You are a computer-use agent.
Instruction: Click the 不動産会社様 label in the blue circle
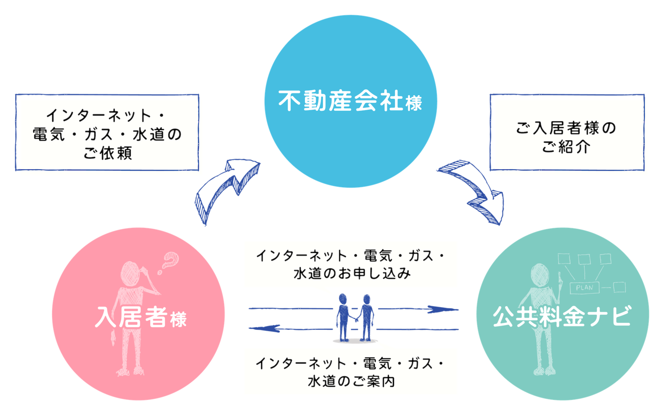pos(350,101)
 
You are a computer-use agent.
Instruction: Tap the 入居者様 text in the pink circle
pos(141,317)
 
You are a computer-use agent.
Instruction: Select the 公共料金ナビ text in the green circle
pos(562,317)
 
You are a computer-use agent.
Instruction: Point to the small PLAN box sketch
pos(585,287)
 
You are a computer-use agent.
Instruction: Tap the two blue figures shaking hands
pos(354,317)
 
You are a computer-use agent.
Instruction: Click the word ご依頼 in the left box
pos(108,153)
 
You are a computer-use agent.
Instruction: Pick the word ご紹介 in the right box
pos(566,147)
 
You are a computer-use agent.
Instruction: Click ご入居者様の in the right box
pos(566,128)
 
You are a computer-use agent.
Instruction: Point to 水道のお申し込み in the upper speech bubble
pos(352,273)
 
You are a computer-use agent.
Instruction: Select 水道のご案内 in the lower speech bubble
pos(351,381)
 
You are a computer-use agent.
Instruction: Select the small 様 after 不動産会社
pos(414,103)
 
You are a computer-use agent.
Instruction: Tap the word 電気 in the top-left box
pos(48,135)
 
